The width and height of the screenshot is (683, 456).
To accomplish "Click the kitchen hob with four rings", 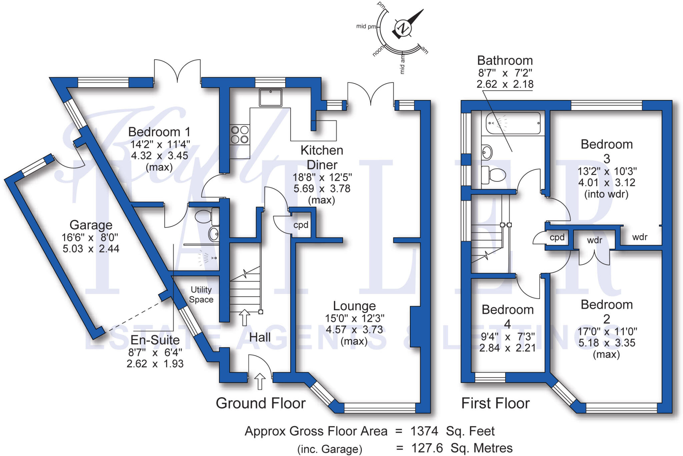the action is [x=240, y=134].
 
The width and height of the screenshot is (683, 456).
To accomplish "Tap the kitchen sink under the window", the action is [x=270, y=97].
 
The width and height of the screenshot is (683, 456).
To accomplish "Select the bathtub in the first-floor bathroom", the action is [x=513, y=123].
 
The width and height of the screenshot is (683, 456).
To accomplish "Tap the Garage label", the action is [x=91, y=225].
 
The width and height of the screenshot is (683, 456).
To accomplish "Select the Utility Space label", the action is [x=201, y=294].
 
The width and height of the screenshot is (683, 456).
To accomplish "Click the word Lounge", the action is [x=354, y=306].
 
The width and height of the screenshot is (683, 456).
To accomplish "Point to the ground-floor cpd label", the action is [x=301, y=225].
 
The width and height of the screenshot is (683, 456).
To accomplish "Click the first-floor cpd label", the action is [x=557, y=238].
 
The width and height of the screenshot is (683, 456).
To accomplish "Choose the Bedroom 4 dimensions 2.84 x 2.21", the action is [x=507, y=348].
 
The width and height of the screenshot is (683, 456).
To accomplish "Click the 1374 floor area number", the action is [x=424, y=431].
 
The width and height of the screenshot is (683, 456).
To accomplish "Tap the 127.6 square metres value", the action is [x=427, y=448].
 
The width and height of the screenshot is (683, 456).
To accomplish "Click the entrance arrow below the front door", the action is [x=260, y=381].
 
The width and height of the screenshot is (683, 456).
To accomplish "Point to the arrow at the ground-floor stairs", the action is [x=244, y=317].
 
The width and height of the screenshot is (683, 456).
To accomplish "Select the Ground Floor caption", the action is [x=260, y=403].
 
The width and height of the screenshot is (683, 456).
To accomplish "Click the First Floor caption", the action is [x=495, y=403].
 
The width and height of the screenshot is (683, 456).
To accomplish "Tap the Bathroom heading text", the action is [x=505, y=61].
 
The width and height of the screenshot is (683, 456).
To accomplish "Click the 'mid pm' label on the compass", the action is [x=366, y=26].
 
